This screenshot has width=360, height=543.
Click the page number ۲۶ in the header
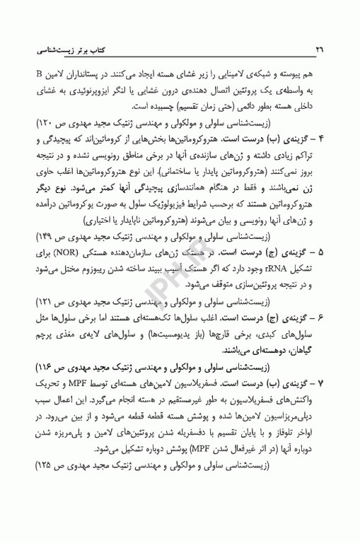coord(319,52)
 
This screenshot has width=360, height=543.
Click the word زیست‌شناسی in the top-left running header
coord(61,52)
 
